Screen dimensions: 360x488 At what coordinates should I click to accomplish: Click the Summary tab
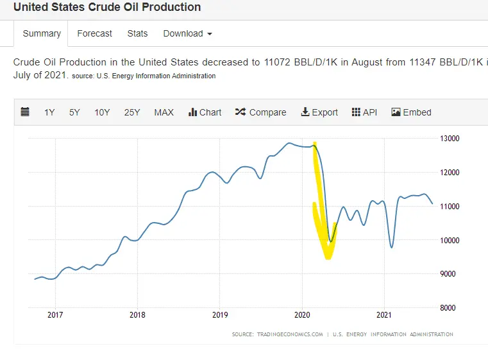[x=42, y=33]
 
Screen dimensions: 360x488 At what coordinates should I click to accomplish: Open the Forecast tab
[x=94, y=33]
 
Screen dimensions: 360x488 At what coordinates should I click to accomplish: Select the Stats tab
[x=137, y=33]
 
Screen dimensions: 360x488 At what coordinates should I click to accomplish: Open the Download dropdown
[x=187, y=33]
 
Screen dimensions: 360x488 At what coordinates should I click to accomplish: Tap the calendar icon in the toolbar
[x=25, y=112]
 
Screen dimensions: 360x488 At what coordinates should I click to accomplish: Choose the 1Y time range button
[x=49, y=112]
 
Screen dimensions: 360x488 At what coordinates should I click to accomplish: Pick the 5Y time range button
[x=74, y=112]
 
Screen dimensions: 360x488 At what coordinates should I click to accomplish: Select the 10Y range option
[x=102, y=112]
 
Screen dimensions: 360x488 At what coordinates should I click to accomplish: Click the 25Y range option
[x=132, y=112]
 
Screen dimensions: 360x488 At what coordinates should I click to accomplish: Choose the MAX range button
[x=164, y=112]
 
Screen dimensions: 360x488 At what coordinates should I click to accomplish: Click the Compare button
[x=260, y=112]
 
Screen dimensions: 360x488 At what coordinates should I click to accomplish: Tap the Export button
[x=319, y=112]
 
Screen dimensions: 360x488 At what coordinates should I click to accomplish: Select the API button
[x=364, y=112]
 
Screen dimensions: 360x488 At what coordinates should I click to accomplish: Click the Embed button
[x=411, y=112]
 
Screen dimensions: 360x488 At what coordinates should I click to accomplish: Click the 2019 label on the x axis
[x=219, y=315]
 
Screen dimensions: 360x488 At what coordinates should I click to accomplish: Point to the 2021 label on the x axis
[x=383, y=315]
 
